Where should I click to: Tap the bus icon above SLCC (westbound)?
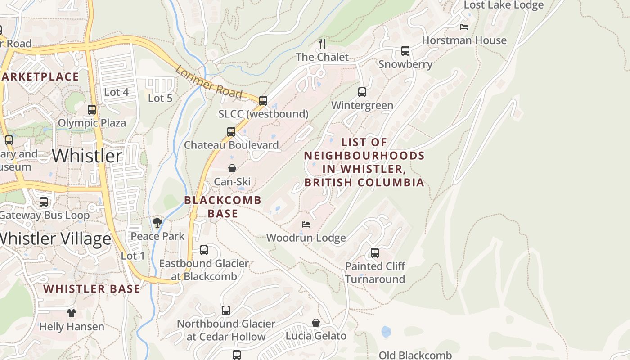pos(263,101)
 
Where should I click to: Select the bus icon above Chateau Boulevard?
pos(231,132)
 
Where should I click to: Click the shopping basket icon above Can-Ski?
pos(232,169)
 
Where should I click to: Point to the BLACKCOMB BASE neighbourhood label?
pos(223,207)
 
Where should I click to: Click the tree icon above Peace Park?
pos(157,222)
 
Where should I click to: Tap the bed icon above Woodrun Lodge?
pos(306,224)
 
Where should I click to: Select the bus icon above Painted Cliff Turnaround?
pos(375,253)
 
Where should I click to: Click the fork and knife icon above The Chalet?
pos(322,43)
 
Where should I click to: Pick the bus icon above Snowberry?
pos(405,51)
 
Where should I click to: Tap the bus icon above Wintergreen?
pos(362,92)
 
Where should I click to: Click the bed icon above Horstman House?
pos(464,27)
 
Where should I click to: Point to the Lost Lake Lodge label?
pos(504,5)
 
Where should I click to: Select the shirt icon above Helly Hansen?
pos(72,313)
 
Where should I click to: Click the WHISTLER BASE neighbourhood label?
pos(92,289)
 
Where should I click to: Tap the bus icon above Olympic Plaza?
pos(92,110)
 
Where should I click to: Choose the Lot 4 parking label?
pos(116,92)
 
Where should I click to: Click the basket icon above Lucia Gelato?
pos(316,323)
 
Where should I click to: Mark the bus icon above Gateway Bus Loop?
pos(44,202)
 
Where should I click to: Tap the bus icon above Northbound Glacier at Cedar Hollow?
pos(226,310)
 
